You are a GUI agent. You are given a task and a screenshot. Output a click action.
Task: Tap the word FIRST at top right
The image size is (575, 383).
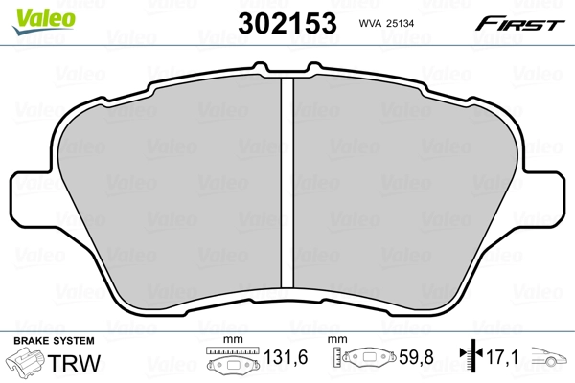click(x=526, y=23)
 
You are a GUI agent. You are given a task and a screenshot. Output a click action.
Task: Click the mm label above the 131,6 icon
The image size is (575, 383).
click(x=230, y=341)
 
